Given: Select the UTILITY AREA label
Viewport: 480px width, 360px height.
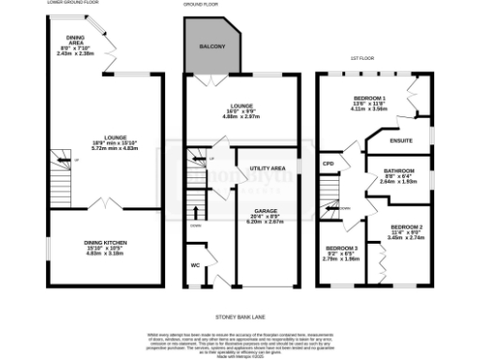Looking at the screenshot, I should [267, 168].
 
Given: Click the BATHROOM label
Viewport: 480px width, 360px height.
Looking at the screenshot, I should [400, 172].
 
